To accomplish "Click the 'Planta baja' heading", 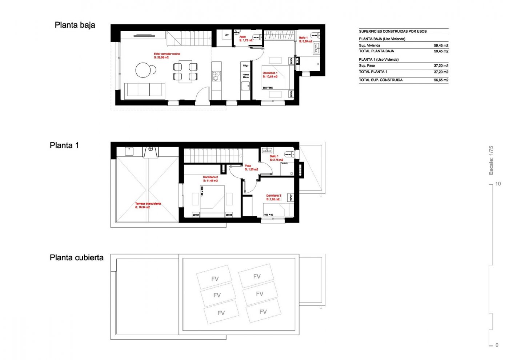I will point(75,25).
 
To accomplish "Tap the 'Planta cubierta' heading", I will point(76,258).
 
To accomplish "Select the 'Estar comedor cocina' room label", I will point(167,54).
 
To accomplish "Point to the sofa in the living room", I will point(145,90).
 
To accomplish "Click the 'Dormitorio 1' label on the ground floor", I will point(270,73).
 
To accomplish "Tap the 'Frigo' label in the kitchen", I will point(246,66).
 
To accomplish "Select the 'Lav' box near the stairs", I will point(227,35).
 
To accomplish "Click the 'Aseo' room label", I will point(243,37).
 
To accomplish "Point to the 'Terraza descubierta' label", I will point(148,204).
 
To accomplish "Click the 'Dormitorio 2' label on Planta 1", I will point(211,177).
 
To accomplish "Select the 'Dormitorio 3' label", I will point(273,196).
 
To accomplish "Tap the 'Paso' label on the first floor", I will point(248,166).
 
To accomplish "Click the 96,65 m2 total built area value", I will point(441,80).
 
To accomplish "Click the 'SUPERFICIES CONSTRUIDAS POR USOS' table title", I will point(393,31).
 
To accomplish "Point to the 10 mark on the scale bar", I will point(498,184).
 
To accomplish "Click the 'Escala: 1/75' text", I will point(491,160).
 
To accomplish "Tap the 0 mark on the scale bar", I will point(497,345).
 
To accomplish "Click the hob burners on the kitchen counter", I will point(216,76).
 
